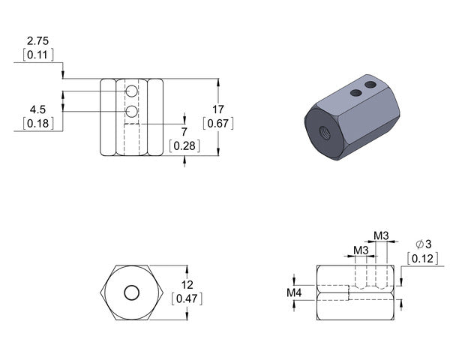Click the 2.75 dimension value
coord(38,40)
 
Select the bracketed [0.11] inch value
coord(38,54)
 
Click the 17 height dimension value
coord(218,108)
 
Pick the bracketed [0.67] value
coord(218,122)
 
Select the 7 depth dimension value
coord(185,132)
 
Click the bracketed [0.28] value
coord(185,146)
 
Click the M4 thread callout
coord(295,292)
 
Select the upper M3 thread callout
coord(382,236)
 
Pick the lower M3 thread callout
coord(361,250)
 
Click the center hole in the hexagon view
coord(132,292)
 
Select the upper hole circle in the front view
coord(132,91)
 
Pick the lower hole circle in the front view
coord(132,112)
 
